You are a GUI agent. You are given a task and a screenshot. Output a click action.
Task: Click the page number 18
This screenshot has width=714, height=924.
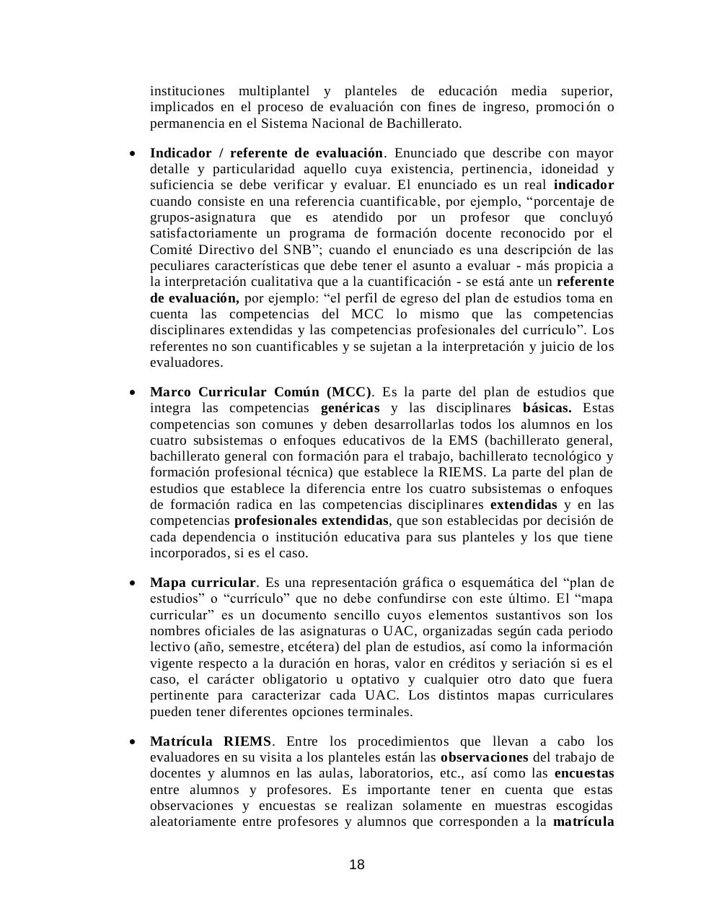(356, 865)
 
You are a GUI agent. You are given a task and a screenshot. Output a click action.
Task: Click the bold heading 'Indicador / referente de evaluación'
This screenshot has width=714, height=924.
(266, 153)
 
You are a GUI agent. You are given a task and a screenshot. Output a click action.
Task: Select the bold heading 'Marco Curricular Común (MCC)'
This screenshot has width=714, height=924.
(260, 392)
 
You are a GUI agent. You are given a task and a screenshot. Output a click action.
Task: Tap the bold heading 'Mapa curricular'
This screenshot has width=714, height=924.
(203, 583)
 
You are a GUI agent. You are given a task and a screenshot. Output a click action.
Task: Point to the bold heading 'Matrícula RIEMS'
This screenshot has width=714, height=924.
(211, 741)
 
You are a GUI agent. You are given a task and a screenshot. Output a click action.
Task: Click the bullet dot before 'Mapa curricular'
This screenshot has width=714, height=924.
(132, 583)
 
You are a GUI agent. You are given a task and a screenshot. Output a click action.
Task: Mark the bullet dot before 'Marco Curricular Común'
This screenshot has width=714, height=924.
(132, 393)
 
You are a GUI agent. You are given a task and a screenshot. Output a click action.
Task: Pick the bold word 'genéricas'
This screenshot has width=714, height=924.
(350, 408)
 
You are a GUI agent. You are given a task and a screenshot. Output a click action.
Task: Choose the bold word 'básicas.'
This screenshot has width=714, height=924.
(547, 408)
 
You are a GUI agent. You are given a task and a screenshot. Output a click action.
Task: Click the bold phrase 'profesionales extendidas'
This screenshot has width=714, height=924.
(311, 520)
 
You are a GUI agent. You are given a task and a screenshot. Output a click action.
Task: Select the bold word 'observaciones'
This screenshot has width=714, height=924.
(484, 757)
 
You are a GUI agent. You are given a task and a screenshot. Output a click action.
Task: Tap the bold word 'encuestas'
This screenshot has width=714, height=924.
(584, 773)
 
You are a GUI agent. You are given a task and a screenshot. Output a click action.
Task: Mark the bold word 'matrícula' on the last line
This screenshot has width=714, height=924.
(583, 821)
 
